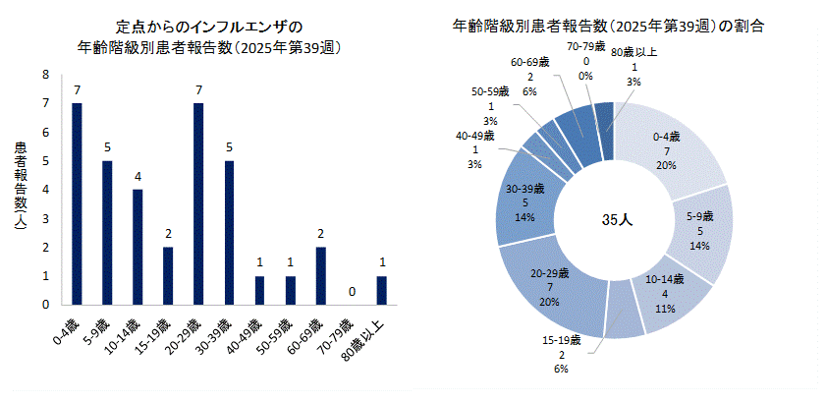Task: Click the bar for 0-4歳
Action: tap(77, 203)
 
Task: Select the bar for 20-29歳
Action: tap(198, 203)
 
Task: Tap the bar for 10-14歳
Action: tap(138, 247)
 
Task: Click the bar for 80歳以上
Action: tap(381, 290)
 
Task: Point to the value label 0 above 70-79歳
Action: tap(351, 293)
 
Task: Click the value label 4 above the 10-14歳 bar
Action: tap(138, 178)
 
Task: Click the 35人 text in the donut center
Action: tap(616, 221)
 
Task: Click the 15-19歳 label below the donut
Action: tap(563, 340)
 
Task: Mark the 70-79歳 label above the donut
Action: tap(585, 46)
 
